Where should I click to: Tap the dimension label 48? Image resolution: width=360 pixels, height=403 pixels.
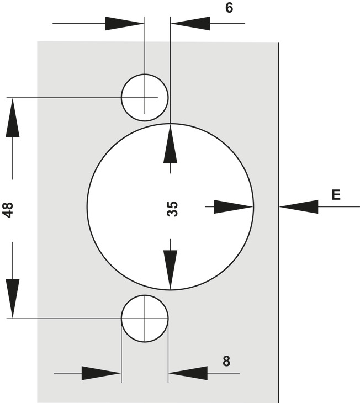point(8,209)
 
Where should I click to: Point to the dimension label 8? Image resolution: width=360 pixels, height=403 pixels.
point(226,362)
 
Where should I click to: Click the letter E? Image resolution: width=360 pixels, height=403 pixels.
point(336,194)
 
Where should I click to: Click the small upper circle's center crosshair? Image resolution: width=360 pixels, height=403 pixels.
point(145,97)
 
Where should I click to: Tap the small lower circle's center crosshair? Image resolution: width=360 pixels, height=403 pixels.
point(144,318)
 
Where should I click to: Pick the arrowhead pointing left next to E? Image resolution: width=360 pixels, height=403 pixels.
point(299,206)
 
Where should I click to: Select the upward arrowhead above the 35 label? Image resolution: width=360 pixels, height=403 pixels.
point(171,144)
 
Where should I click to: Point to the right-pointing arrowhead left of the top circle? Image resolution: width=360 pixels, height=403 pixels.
point(124,23)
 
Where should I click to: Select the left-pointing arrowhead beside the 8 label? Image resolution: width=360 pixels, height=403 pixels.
point(188,373)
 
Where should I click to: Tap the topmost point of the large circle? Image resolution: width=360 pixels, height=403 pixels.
point(171,124)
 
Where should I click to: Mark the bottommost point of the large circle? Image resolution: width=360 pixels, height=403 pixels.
point(171,290)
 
